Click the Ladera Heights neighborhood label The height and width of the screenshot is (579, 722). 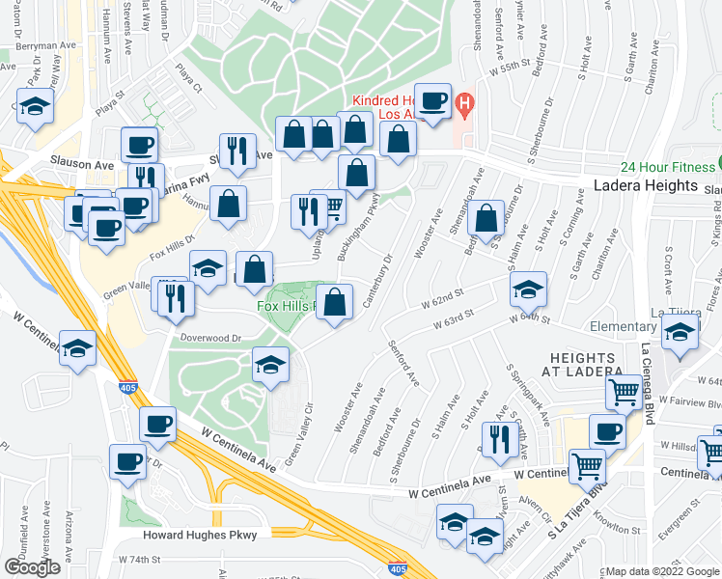click(646, 185)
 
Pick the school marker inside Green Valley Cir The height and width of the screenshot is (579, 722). click(271, 366)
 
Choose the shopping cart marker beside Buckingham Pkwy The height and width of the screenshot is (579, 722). click(330, 207)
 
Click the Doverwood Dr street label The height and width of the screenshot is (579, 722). click(208, 338)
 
